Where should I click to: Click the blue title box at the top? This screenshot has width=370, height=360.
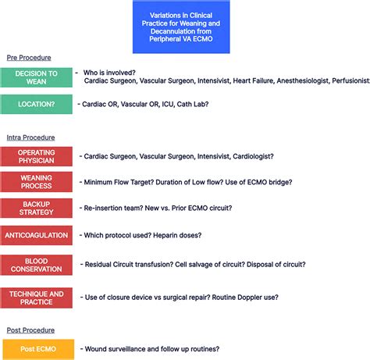(181, 27)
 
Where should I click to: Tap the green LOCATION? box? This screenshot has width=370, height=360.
(37, 104)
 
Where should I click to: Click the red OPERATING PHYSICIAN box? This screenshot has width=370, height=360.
(37, 156)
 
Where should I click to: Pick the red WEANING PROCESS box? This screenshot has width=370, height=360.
(37, 182)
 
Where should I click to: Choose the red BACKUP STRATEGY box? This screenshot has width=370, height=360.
(37, 208)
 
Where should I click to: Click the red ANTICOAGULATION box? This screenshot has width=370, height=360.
(37, 234)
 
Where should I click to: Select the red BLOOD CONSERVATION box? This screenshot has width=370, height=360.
(37, 265)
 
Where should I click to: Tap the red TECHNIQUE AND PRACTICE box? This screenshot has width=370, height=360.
(37, 298)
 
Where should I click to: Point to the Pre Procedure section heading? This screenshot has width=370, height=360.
(29, 58)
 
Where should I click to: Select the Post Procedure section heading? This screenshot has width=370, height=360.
(30, 330)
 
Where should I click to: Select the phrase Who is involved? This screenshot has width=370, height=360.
(110, 72)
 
